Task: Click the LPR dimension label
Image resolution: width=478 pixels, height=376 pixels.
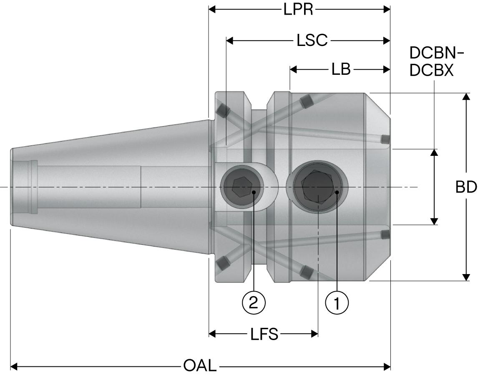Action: point(298,10)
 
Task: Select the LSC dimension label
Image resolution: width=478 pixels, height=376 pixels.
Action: point(312,41)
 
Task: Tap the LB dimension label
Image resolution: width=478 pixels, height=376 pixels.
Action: point(341,69)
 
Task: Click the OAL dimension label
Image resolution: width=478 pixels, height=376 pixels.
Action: point(200,366)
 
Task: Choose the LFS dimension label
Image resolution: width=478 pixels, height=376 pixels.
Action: point(264,334)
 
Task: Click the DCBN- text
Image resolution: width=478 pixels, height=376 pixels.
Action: point(436,53)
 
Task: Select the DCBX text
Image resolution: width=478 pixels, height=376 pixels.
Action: point(431,71)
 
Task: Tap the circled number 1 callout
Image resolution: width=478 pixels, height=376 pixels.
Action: point(337,302)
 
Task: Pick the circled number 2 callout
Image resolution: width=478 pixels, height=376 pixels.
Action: point(254,302)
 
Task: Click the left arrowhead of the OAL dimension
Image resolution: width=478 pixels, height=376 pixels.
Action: point(14,367)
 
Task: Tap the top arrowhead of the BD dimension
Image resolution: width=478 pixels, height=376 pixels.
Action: point(466,97)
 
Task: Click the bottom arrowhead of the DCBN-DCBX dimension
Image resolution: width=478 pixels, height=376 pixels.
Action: point(434,221)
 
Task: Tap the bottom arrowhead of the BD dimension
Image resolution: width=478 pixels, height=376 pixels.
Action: point(466,277)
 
